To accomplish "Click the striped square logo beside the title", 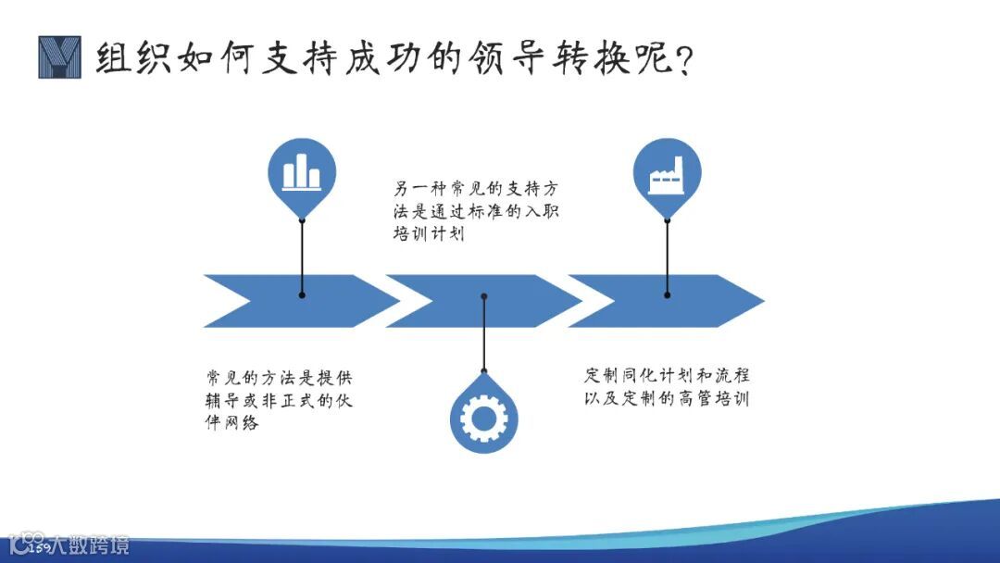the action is click(x=59, y=57).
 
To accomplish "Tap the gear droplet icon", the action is click(x=483, y=418).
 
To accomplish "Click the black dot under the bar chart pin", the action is click(x=302, y=294).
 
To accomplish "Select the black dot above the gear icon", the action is click(x=484, y=296).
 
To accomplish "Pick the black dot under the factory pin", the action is click(x=667, y=294).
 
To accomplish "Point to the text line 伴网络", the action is click(x=232, y=423).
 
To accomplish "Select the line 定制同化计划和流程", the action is click(x=667, y=376).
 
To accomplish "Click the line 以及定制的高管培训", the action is click(x=667, y=399).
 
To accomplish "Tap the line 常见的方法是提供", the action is click(x=279, y=378).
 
